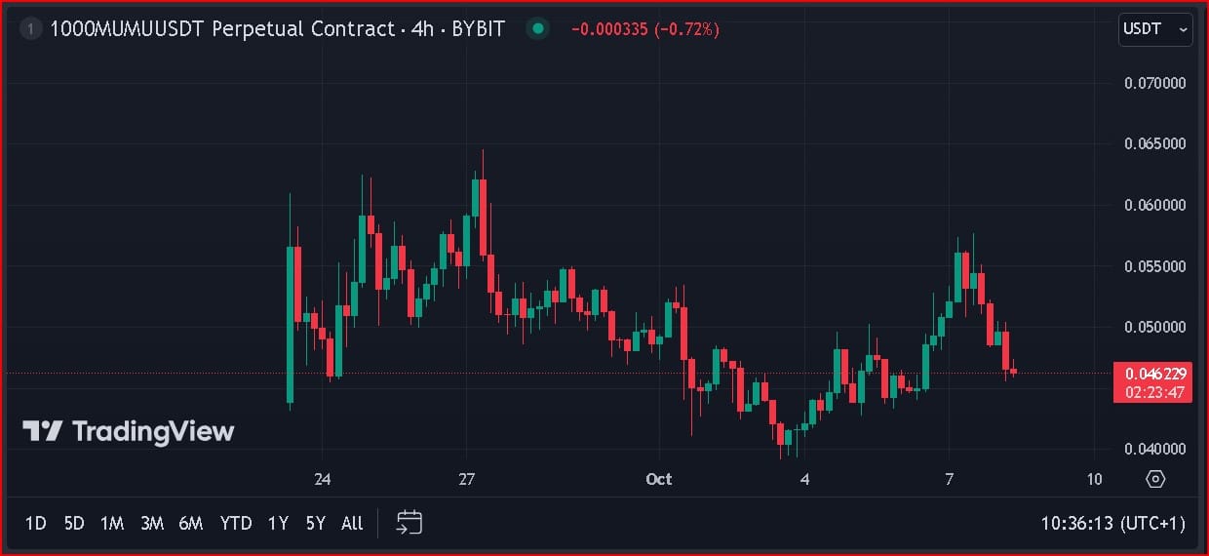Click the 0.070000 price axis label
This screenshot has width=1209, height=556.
point(1155,83)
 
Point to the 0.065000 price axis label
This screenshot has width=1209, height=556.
point(1155,143)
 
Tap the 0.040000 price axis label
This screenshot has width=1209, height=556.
point(1155,449)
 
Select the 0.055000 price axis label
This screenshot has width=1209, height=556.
point(1155,266)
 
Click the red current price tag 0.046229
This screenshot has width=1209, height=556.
point(1155,374)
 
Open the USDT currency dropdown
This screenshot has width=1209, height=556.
point(1154,29)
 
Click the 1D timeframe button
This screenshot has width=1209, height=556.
point(35,524)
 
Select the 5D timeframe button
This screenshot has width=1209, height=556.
point(74,524)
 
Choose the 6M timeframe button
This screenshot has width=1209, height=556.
point(191,524)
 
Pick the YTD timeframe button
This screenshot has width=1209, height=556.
point(236,524)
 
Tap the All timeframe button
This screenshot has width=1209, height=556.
point(352,524)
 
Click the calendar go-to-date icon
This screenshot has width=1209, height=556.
point(409,523)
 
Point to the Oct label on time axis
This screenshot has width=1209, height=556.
point(659,479)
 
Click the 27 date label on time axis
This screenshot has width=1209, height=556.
point(467,479)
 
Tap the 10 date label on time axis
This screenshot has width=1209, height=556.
point(1094,479)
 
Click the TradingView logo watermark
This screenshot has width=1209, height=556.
point(129,431)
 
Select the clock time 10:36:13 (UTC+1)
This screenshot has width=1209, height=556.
point(1112,524)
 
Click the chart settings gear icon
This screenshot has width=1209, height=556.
point(1155,479)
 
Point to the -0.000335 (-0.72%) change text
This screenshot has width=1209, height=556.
point(644,29)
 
